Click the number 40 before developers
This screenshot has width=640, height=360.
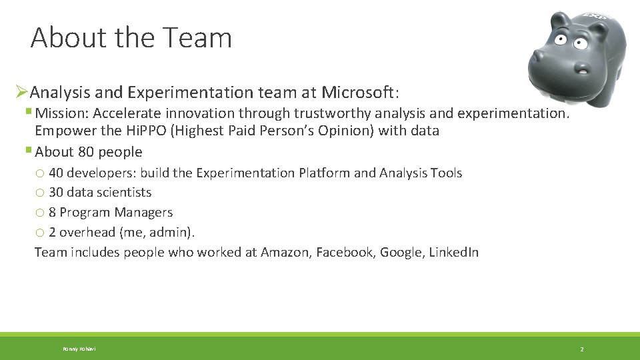56,173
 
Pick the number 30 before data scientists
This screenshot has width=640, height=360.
56,193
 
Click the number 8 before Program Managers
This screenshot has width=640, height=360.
52,213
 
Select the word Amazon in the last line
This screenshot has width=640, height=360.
285,252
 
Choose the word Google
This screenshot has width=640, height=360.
401,252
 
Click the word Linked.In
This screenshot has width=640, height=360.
453,252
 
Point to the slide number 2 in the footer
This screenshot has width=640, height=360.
581,349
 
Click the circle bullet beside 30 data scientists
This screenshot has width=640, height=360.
40,193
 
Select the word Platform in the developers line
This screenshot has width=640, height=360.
325,173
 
